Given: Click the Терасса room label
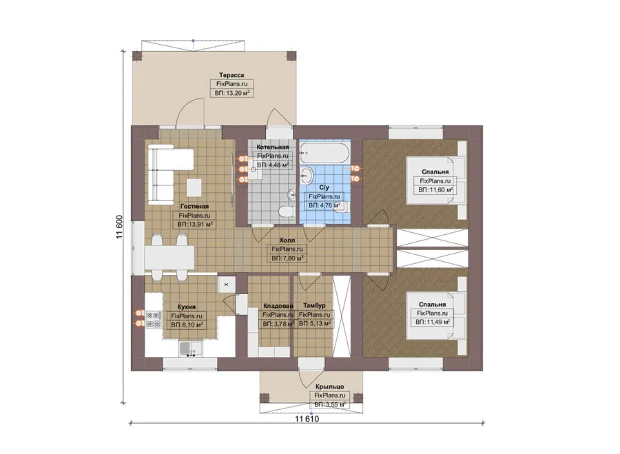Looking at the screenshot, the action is point(231,75).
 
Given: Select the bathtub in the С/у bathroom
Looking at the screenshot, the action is point(324,152).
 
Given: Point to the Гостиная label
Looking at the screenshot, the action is point(194,207).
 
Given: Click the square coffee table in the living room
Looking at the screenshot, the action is point(194,188).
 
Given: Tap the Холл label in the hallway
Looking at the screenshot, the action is point(287,240).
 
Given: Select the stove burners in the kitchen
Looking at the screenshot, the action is point(154,320).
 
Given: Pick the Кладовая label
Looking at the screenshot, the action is point(278,306).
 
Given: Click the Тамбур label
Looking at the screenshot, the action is point(314,306).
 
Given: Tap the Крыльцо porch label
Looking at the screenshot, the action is point(330,386).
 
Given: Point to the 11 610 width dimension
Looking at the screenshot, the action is point(307,419).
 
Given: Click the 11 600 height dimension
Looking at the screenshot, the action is point(119,227).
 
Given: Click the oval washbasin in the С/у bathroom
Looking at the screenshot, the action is point(307,175).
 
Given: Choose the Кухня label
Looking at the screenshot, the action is point(187,307).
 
